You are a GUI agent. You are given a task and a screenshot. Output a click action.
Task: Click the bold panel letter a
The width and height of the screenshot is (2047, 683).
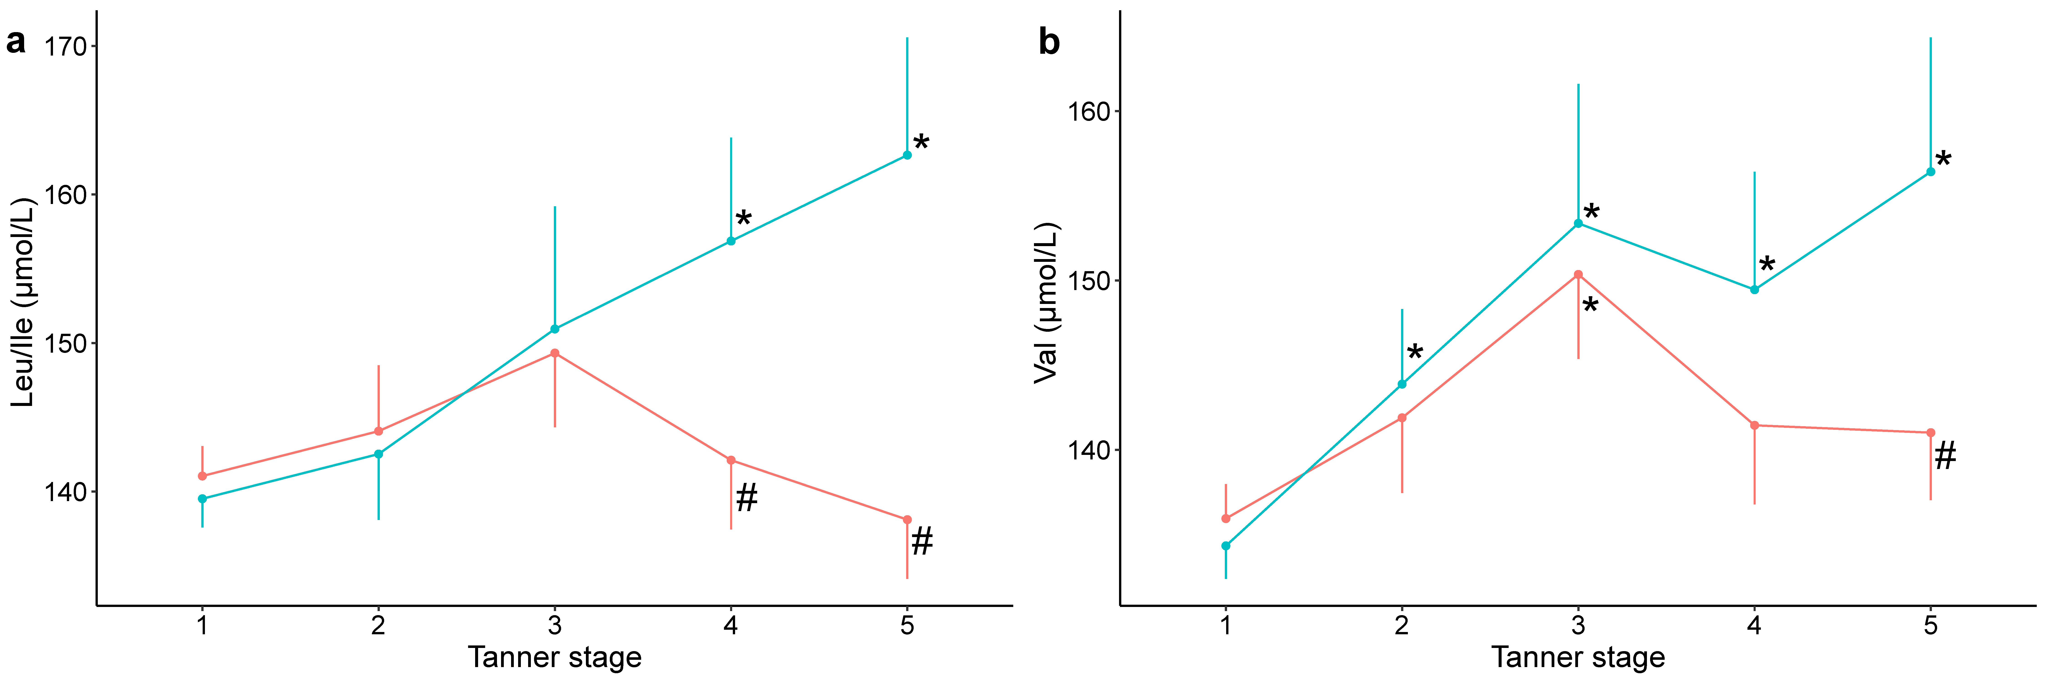point(16,42)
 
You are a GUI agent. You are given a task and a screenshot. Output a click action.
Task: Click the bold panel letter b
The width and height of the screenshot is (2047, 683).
point(1049,42)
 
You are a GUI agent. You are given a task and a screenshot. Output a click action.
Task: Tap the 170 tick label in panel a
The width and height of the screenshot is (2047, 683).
point(65,47)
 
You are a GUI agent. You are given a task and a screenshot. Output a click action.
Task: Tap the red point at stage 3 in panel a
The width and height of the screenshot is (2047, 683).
point(555,353)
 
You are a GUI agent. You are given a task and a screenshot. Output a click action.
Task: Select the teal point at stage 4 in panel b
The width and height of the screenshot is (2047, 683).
point(1755,289)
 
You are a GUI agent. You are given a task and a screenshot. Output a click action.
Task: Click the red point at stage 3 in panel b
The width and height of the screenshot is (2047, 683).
point(1578,274)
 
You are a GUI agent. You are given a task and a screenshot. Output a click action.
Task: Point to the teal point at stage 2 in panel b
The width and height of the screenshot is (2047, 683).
point(1402,384)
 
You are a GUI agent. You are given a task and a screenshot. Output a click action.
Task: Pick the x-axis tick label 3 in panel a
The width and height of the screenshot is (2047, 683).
point(555,626)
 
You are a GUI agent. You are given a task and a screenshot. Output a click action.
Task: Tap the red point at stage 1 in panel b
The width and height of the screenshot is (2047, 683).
point(1225,518)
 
